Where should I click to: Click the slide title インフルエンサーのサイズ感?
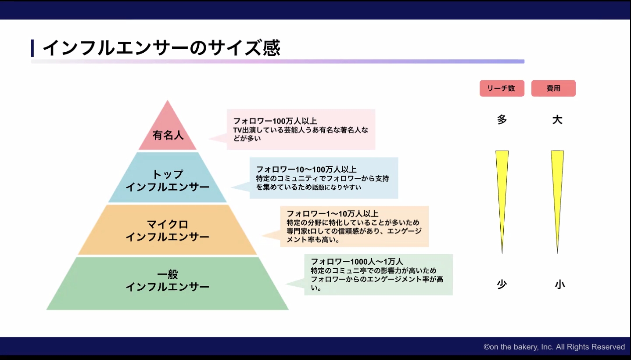161,48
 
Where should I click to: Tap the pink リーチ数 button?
502,88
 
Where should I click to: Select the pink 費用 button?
553,88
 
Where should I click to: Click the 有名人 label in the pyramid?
168,135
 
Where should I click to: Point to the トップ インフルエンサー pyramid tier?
167,177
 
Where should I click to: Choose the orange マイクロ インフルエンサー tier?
167,230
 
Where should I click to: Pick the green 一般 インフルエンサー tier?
167,283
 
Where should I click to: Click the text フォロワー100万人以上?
275,121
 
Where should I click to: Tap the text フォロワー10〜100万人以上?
306,169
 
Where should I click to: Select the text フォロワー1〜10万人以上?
333,213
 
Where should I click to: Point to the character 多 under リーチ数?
502,120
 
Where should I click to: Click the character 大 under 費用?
557,120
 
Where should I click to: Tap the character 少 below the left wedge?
502,284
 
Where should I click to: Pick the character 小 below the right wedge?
560,284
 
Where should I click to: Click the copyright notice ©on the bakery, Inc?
554,347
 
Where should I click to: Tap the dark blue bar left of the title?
32,48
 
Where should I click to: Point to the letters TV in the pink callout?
238,130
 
